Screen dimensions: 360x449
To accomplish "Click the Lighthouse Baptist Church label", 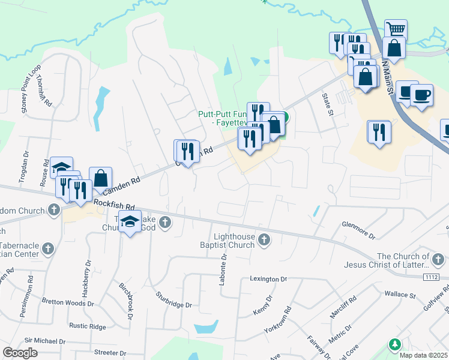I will [227, 241].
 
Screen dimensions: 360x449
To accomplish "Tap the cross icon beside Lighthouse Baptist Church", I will [264, 241].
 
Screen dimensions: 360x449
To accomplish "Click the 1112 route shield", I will [430, 277].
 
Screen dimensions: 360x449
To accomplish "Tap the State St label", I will [327, 104].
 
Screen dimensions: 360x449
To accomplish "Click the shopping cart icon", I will [396, 29].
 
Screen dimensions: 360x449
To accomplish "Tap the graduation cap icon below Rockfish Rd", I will [130, 223].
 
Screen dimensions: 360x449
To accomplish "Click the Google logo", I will [20, 353].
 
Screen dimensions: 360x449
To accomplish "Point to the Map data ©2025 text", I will [423, 355].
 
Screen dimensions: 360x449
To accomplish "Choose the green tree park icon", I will [394, 345].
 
